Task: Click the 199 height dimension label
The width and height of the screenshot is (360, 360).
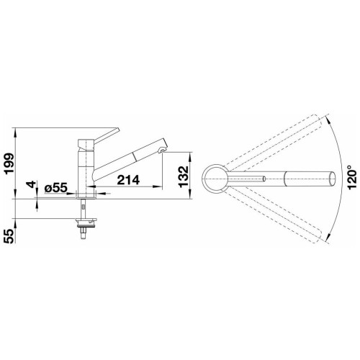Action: click(x=9, y=163)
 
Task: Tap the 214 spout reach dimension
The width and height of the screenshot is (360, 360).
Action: click(x=128, y=180)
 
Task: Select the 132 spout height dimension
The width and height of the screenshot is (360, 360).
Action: click(x=184, y=176)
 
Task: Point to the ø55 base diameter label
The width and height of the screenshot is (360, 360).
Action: click(x=55, y=189)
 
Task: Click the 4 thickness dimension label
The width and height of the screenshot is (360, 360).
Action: click(x=31, y=184)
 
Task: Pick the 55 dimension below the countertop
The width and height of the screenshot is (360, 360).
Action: click(x=9, y=236)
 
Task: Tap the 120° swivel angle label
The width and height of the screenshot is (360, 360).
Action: click(x=351, y=177)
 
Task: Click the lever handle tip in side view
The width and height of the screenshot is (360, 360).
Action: click(x=117, y=130)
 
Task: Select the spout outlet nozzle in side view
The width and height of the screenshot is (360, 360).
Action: click(x=162, y=150)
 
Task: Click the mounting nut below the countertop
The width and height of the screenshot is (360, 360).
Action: click(x=86, y=222)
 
